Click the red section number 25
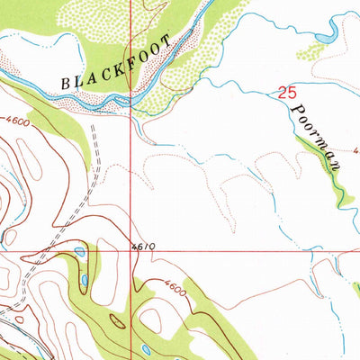[x=286, y=92]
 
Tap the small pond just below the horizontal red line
[x=79, y=255]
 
